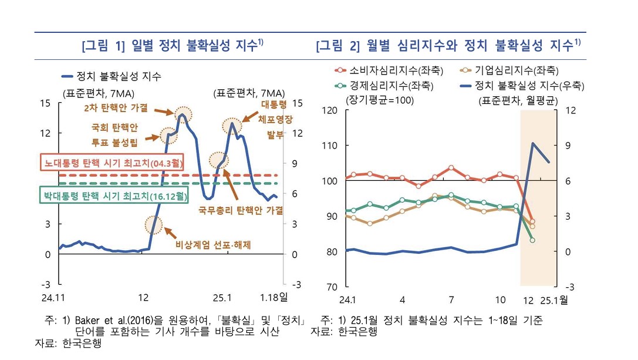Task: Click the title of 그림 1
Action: click(x=173, y=46)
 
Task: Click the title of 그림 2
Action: click(x=448, y=46)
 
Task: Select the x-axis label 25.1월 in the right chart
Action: click(x=555, y=300)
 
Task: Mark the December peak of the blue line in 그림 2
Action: click(x=533, y=143)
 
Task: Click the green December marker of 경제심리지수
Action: click(x=532, y=240)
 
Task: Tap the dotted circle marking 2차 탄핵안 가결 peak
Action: click(x=183, y=112)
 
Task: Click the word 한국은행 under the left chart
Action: click(x=82, y=343)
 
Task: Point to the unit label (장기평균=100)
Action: click(x=380, y=100)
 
